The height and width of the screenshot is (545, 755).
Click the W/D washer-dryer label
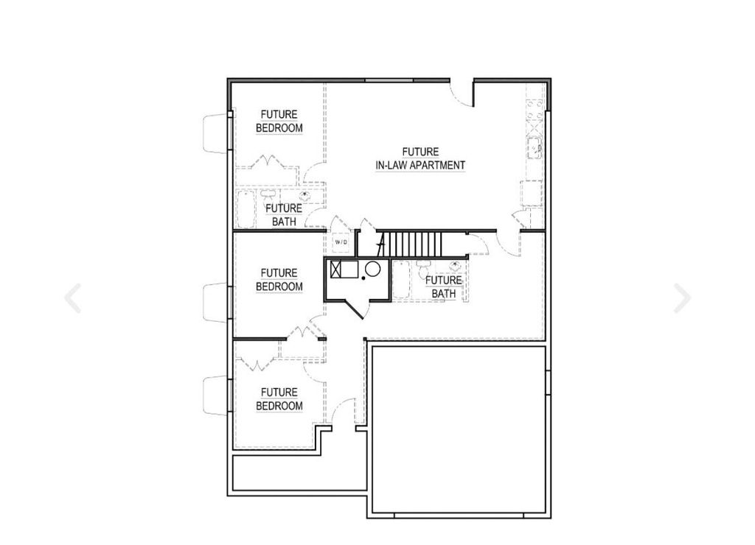coord(341,242)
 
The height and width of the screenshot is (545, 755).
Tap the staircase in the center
coord(413,242)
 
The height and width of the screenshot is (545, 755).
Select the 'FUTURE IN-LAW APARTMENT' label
coord(420,159)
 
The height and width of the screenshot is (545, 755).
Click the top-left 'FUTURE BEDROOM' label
coord(279,122)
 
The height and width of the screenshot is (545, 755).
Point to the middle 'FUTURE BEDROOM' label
coord(279,280)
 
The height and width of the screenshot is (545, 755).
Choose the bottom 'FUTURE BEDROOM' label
coord(279,399)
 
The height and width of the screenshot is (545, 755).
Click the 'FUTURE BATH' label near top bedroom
coord(284,214)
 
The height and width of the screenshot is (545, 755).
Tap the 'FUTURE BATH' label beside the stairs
coord(444,286)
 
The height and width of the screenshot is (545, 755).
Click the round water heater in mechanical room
coord(373,270)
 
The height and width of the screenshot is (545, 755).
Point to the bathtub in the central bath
coord(402,281)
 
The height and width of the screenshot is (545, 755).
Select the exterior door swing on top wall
coord(462,94)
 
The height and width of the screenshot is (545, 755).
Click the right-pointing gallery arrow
coord(682,298)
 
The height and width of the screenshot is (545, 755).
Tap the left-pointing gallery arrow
coord(72,298)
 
